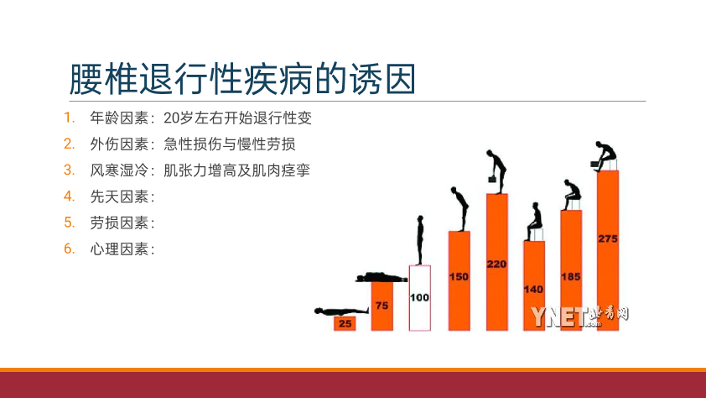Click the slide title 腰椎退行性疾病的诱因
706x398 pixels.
[x=242, y=79]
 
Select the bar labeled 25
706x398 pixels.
[x=345, y=323]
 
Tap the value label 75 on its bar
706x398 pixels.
[x=382, y=306]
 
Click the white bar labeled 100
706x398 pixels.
[x=419, y=298]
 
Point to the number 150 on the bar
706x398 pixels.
[x=459, y=277]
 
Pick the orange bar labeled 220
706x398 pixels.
[x=497, y=262]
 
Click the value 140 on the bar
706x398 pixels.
[x=533, y=290]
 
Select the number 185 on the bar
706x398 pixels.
[x=570, y=277]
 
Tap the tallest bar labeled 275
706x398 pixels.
[x=608, y=250]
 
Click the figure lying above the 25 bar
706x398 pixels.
[x=341, y=311]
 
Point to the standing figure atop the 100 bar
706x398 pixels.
[x=420, y=240]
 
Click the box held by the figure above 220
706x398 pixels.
[x=492, y=180]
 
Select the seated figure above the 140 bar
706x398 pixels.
[x=534, y=222]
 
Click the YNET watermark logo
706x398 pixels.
[x=579, y=316]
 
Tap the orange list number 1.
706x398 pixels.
[x=69, y=118]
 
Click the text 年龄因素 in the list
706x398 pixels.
[x=119, y=118]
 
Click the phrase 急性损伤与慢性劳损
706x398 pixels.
[x=230, y=144]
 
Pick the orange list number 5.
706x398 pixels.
[x=69, y=223]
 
